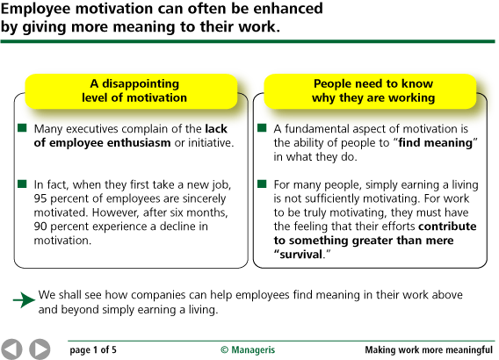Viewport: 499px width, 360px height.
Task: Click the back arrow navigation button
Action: pyautogui.click(x=12, y=349)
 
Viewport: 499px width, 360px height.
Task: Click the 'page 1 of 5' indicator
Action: pyautogui.click(x=93, y=349)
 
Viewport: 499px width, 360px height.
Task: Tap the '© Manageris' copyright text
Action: pyautogui.click(x=248, y=349)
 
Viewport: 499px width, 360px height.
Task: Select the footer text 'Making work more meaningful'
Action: pyautogui.click(x=429, y=349)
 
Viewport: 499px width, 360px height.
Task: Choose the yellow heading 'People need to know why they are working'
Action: pyautogui.click(x=374, y=90)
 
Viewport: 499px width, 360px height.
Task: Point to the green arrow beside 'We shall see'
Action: pyautogui.click(x=24, y=300)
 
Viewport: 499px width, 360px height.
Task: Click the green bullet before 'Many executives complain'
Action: pyautogui.click(x=22, y=128)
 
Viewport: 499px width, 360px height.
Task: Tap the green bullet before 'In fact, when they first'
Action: pyautogui.click(x=22, y=184)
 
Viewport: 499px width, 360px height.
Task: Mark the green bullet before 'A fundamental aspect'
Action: pyautogui.click(x=262, y=128)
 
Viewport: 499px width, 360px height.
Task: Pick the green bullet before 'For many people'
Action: pyautogui.click(x=262, y=184)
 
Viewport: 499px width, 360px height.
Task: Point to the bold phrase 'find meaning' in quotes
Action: pyautogui.click(x=438, y=143)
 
